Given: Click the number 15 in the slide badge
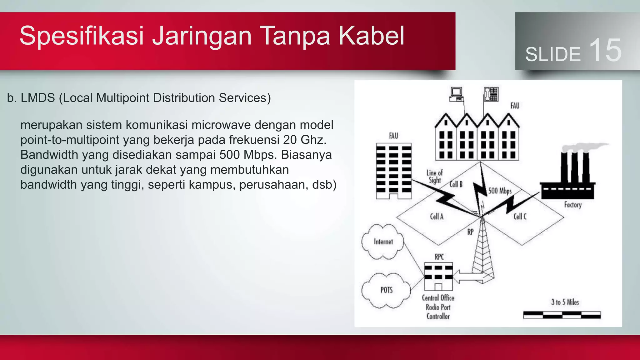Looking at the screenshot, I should (x=605, y=51).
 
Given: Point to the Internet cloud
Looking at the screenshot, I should (x=383, y=242).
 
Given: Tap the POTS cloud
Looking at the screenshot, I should (x=386, y=290).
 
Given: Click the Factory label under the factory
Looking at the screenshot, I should (x=572, y=205).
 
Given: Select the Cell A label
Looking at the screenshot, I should (x=437, y=217).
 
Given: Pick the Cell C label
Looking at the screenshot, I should (x=520, y=217).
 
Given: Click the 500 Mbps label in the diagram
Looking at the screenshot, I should (x=500, y=191).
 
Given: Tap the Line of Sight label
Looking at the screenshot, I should (x=435, y=177).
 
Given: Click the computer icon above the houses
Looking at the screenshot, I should (x=456, y=95).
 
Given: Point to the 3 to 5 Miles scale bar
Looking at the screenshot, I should (x=562, y=315).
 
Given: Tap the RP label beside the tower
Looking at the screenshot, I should (x=470, y=232).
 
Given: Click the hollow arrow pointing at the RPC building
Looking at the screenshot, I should (x=467, y=277).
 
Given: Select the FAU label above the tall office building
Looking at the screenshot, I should (x=393, y=136).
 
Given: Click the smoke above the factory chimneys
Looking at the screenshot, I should (x=584, y=147).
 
